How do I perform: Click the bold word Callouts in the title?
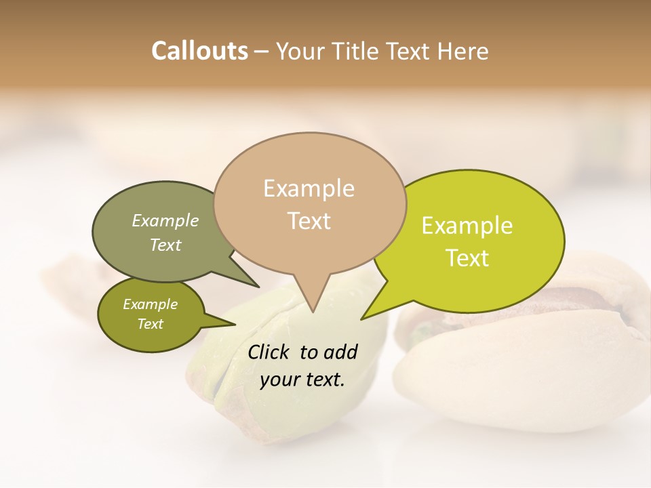point(199,51)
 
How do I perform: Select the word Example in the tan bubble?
point(309,188)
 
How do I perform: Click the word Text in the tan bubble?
point(309,221)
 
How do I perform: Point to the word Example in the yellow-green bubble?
point(467,226)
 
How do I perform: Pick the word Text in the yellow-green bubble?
point(467,258)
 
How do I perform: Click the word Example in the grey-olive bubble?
point(165,221)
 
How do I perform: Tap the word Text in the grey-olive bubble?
point(165,245)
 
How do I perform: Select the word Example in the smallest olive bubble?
point(151,304)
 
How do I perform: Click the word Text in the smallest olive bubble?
point(151,324)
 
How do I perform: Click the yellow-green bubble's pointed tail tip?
point(362,319)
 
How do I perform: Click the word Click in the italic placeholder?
point(269,352)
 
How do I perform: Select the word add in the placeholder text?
point(340,352)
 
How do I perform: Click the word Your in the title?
point(298,51)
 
